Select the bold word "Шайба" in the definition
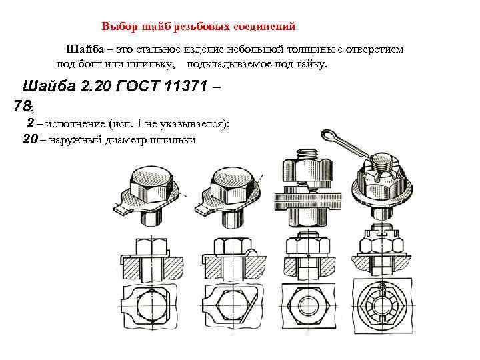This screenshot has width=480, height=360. tap(85, 49)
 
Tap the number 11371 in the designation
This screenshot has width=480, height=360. tap(186, 86)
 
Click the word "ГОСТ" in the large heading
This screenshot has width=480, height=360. tap(138, 86)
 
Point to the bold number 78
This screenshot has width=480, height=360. tap(22, 106)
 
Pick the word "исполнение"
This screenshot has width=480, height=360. tap(75, 124)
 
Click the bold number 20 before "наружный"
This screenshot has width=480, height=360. tap(30, 139)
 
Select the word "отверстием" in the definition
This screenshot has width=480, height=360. tap(375, 49)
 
